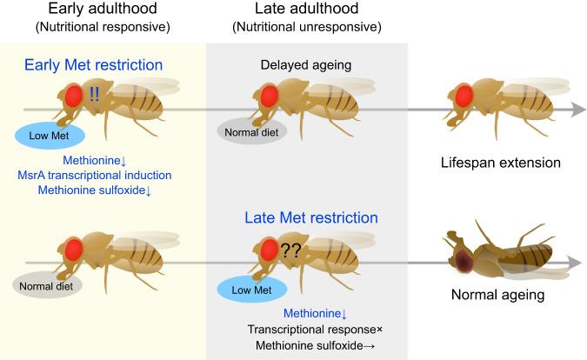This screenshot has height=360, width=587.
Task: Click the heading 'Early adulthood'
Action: [x=103, y=10]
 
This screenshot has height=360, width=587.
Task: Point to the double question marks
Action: [x=292, y=252]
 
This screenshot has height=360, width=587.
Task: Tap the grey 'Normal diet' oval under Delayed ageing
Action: [x=250, y=130]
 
